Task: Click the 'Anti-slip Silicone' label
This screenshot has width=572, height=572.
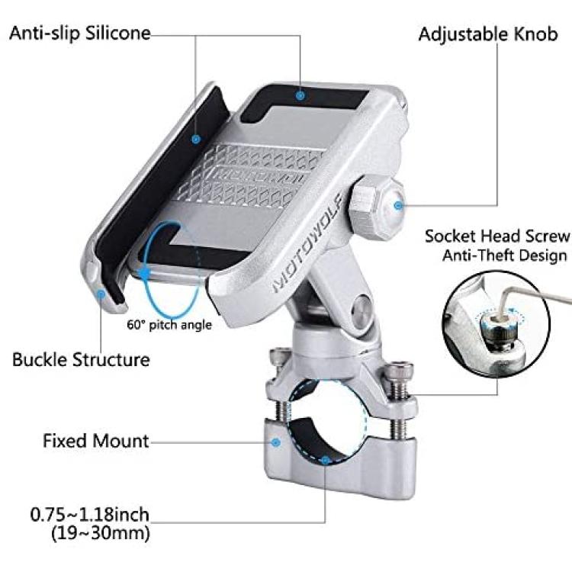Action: [79, 33]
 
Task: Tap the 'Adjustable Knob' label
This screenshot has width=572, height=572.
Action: [488, 34]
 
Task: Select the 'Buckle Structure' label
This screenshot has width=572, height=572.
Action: [81, 360]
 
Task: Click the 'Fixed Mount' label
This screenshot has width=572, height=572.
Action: [96, 441]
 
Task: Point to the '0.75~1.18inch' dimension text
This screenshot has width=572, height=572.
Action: [90, 515]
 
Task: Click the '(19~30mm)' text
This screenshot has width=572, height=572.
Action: [101, 534]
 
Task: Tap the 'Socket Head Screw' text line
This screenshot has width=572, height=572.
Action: [496, 236]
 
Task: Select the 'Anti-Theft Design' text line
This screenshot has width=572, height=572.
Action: [505, 255]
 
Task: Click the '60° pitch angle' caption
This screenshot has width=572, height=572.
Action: [169, 325]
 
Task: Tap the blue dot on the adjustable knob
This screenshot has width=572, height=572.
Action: [398, 206]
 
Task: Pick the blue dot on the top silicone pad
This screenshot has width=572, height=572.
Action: [300, 96]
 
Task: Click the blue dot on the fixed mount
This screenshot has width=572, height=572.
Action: [276, 442]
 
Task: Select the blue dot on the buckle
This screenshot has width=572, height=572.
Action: [101, 294]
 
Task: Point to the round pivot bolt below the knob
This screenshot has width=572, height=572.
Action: [361, 307]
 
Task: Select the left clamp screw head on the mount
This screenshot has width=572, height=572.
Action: [280, 356]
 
